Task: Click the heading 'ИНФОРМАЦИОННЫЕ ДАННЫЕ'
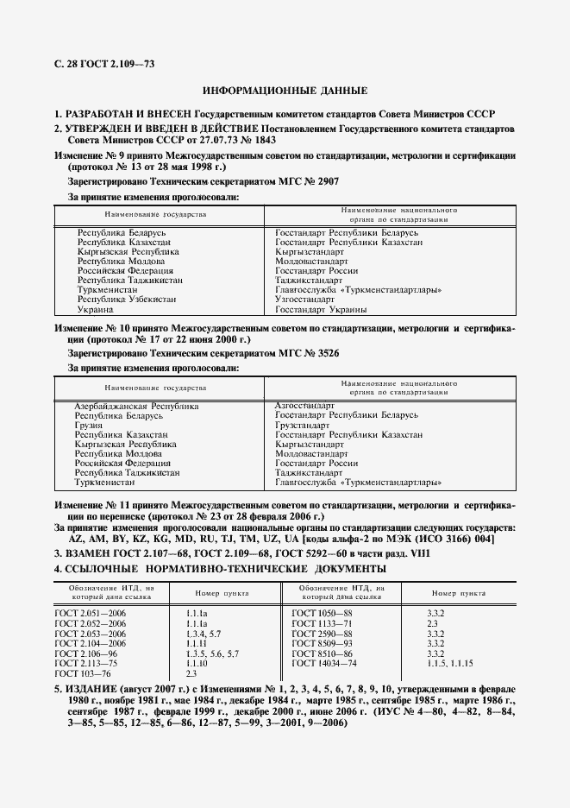(285, 91)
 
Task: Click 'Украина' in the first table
(95, 309)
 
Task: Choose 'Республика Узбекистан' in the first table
(126, 300)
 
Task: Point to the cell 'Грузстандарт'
(302, 425)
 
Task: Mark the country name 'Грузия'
(89, 425)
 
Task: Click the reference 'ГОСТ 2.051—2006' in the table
(90, 612)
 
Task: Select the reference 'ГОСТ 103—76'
(82, 672)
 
